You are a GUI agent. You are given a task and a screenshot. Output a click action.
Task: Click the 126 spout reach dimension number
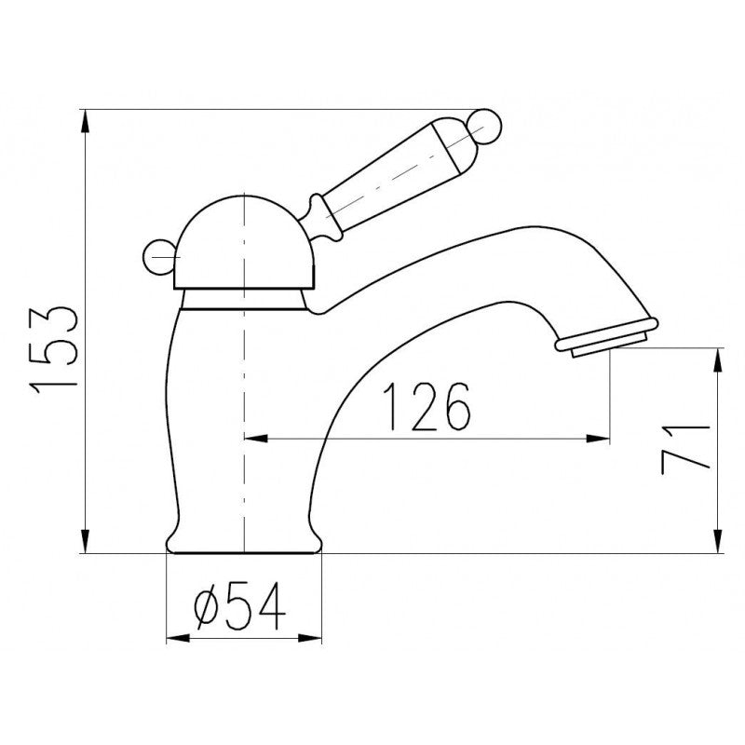pyautogui.click(x=426, y=407)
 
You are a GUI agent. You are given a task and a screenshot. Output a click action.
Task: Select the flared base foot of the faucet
pyautogui.click(x=243, y=540)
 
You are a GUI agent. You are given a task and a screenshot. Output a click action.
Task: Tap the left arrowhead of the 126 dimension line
pyautogui.click(x=253, y=438)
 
